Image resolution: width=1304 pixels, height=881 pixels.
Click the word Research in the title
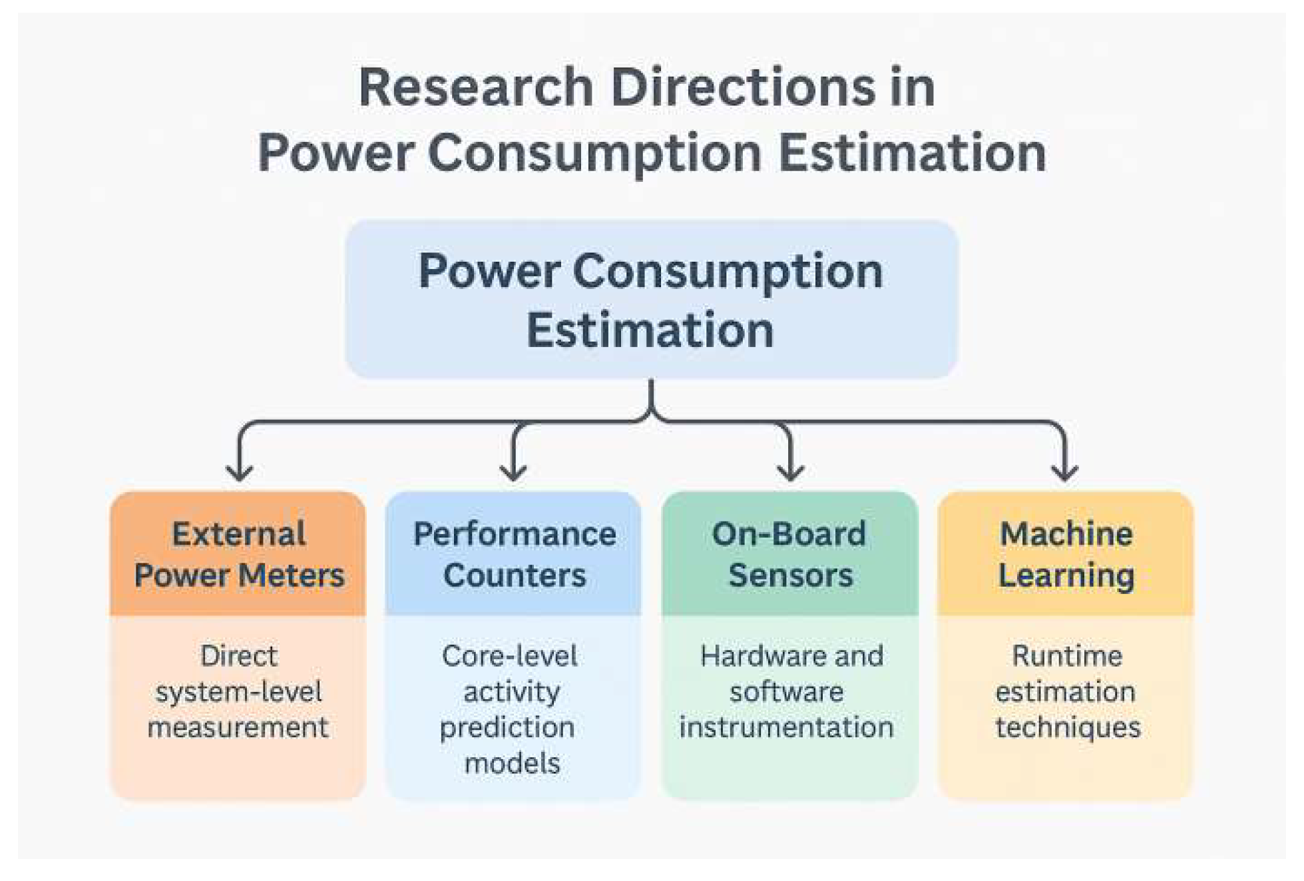(475, 87)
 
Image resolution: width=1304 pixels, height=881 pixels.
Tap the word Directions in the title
(743, 87)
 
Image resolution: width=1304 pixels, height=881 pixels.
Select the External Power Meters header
(238, 554)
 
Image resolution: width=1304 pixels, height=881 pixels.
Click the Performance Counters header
(514, 554)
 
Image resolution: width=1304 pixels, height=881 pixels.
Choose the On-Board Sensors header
(789, 554)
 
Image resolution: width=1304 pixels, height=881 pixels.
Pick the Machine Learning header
(1066, 554)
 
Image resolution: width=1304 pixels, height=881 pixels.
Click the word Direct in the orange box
(238, 656)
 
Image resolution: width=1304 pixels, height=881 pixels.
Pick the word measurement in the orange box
(238, 727)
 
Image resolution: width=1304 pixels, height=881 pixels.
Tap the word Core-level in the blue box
(509, 656)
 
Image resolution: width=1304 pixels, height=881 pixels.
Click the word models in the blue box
(512, 763)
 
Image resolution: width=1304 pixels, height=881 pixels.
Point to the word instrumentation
(786, 727)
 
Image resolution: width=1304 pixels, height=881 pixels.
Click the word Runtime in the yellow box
(1067, 656)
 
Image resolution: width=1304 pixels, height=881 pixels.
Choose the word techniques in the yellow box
(1068, 727)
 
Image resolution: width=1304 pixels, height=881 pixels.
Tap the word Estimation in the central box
(650, 330)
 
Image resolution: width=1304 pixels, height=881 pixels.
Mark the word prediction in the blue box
(507, 727)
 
